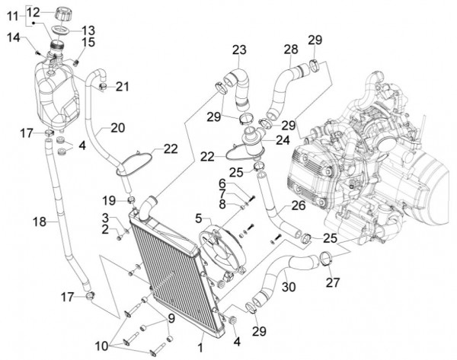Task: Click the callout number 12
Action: click(34, 11)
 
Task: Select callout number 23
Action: click(239, 50)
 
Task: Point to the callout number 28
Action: click(290, 50)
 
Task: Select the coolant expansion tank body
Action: click(57, 95)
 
